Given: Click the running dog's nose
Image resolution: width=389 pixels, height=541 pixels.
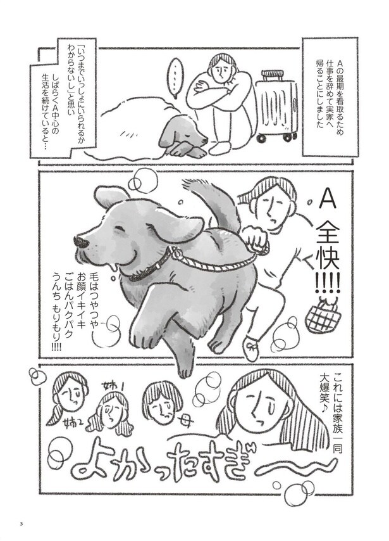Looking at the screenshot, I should (80, 242).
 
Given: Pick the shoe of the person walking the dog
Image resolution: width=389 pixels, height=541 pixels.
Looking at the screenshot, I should (251, 348).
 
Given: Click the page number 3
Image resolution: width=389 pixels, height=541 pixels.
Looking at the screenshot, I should (21, 523).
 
